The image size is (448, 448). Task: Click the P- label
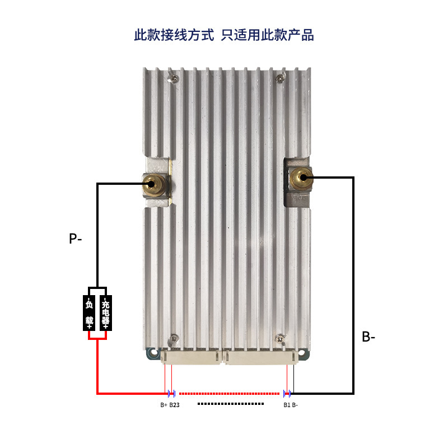coord(76,239)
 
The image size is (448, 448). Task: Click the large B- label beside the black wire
coord(368,337)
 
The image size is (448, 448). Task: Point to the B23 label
coord(174,405)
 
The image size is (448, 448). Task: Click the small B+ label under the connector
coord(164,405)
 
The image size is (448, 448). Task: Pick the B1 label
coord(286,405)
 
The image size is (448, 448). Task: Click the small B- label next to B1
coord(295,405)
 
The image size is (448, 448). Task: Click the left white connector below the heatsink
coord(192,357)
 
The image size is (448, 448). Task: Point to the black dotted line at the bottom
coord(230,403)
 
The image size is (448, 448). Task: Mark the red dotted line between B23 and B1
coord(230,393)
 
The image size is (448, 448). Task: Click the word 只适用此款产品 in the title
coord(268,35)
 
